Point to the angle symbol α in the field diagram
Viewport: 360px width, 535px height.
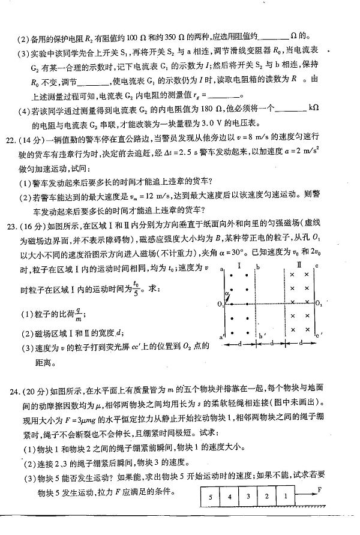[x=227, y=293]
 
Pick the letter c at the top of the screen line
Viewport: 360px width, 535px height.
[x=316, y=265]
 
